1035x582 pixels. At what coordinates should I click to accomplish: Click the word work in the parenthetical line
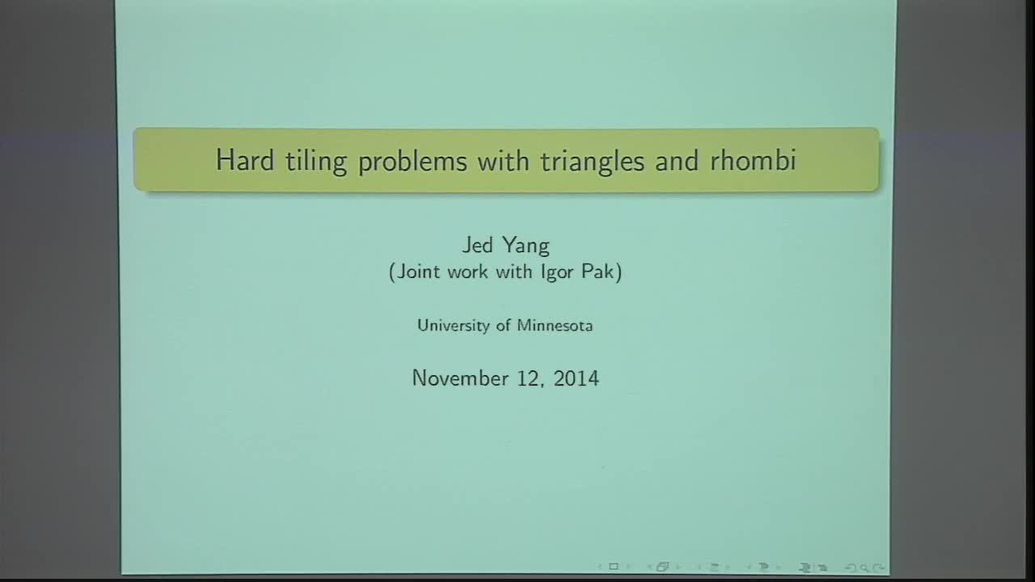[x=466, y=272]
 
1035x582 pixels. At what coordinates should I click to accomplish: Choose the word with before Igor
[x=509, y=272]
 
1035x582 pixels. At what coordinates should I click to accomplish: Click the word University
[x=451, y=326]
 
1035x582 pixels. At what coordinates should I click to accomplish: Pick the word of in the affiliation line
[x=501, y=326]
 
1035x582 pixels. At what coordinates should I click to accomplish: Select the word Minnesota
[x=555, y=326]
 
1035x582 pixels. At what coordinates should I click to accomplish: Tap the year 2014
[x=577, y=377]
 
